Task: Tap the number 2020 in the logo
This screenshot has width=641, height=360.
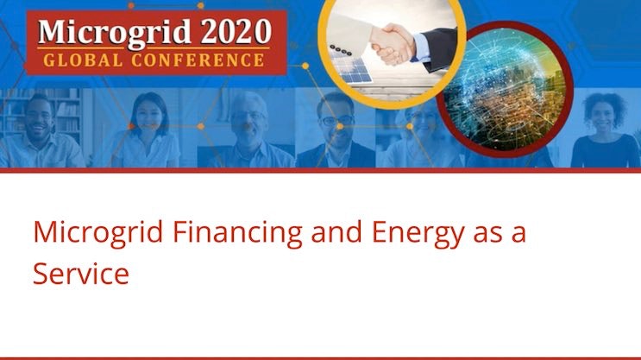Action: [227, 32]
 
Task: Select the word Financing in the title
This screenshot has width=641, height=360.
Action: [229, 234]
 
